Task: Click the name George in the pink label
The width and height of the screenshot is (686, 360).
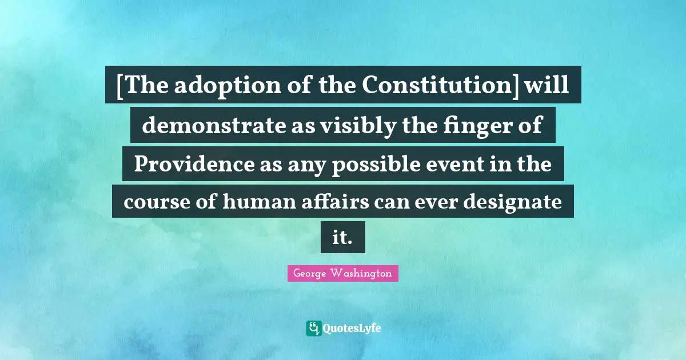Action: [310, 274]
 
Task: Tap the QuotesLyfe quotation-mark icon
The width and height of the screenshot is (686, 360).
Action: [313, 328]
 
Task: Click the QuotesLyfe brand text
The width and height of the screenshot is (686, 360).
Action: [352, 329]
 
